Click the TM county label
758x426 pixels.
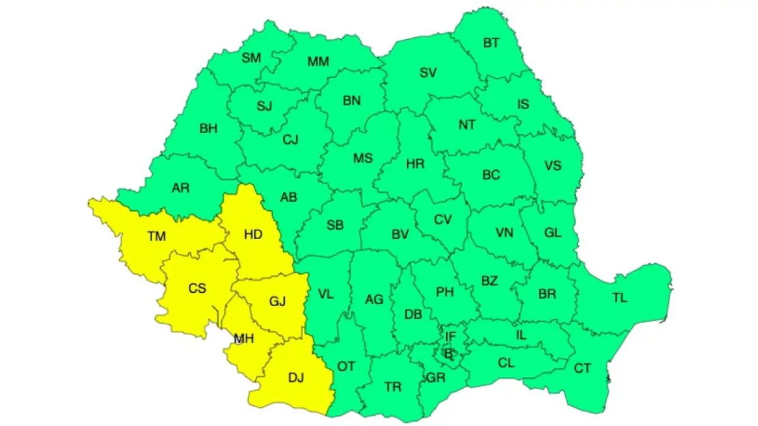coord(157,237)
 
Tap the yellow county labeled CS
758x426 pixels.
coord(197,288)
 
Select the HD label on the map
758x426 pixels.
coord(253,234)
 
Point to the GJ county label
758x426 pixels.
coord(277,302)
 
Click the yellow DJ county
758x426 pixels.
coord(296,378)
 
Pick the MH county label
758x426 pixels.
coord(244,339)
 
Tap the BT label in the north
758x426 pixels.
coord(491,43)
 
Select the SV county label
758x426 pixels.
coord(428,73)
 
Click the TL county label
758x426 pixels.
coord(620,298)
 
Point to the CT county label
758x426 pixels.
coord(582,368)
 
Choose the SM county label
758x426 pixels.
coord(251,58)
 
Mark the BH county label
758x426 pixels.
coord(208,129)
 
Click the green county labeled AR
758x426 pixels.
coord(181,187)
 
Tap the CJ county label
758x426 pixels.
coord(290,139)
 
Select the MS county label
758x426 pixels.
coord(363,158)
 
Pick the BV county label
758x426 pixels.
coord(400,235)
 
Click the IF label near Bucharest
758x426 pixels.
coord(450,337)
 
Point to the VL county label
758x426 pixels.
coord(325,294)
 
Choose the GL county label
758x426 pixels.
coord(553,233)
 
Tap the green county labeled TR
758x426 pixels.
coord(393,387)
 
